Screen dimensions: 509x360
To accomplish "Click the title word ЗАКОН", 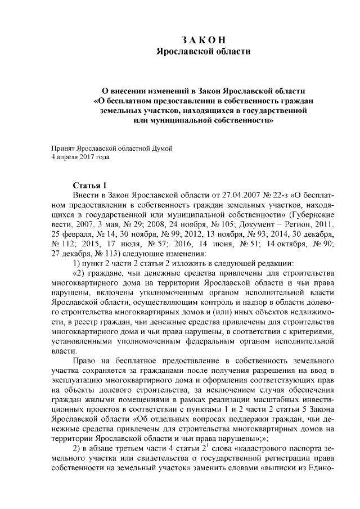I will [x=203, y=40].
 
